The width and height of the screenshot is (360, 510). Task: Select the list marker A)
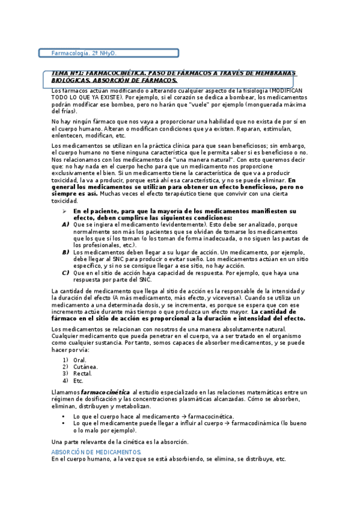coord(65,224)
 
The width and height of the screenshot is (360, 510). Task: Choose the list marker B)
coord(65,253)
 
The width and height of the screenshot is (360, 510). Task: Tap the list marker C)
coord(65,273)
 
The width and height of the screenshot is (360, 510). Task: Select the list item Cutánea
coord(85,366)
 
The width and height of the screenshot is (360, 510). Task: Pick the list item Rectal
coord(82,373)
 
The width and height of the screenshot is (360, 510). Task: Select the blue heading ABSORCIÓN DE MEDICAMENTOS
coord(96,452)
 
